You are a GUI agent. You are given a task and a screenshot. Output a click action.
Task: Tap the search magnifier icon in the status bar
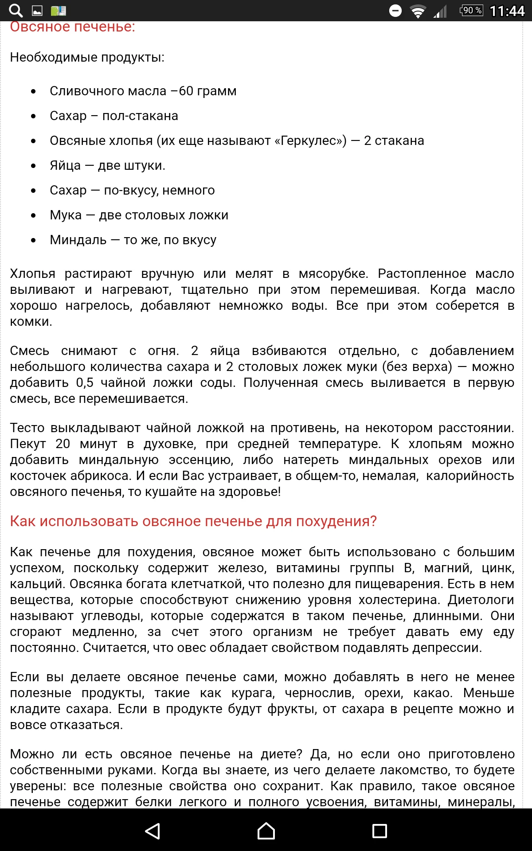[x=16, y=10]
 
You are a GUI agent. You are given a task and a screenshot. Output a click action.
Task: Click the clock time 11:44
[x=507, y=11]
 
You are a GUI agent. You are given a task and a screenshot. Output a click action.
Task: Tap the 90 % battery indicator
[x=471, y=10]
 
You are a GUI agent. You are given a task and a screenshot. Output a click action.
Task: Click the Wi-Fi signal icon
[x=417, y=11]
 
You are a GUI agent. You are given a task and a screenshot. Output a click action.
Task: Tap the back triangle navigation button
[x=153, y=831]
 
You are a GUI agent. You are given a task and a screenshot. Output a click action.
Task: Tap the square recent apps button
[x=379, y=831]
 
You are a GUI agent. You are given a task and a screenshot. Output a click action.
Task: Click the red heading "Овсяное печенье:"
[x=72, y=27]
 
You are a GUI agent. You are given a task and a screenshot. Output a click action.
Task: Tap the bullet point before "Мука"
[x=33, y=215]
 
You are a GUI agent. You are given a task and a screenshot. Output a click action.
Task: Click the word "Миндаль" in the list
[x=78, y=240]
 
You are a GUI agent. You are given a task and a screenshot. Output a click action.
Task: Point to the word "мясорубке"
[x=333, y=274]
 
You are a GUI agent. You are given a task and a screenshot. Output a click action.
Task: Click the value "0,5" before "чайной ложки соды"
[x=85, y=383]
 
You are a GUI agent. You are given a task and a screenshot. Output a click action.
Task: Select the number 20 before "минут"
[x=63, y=444]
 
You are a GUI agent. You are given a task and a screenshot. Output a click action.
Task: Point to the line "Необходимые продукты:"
[x=87, y=58]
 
